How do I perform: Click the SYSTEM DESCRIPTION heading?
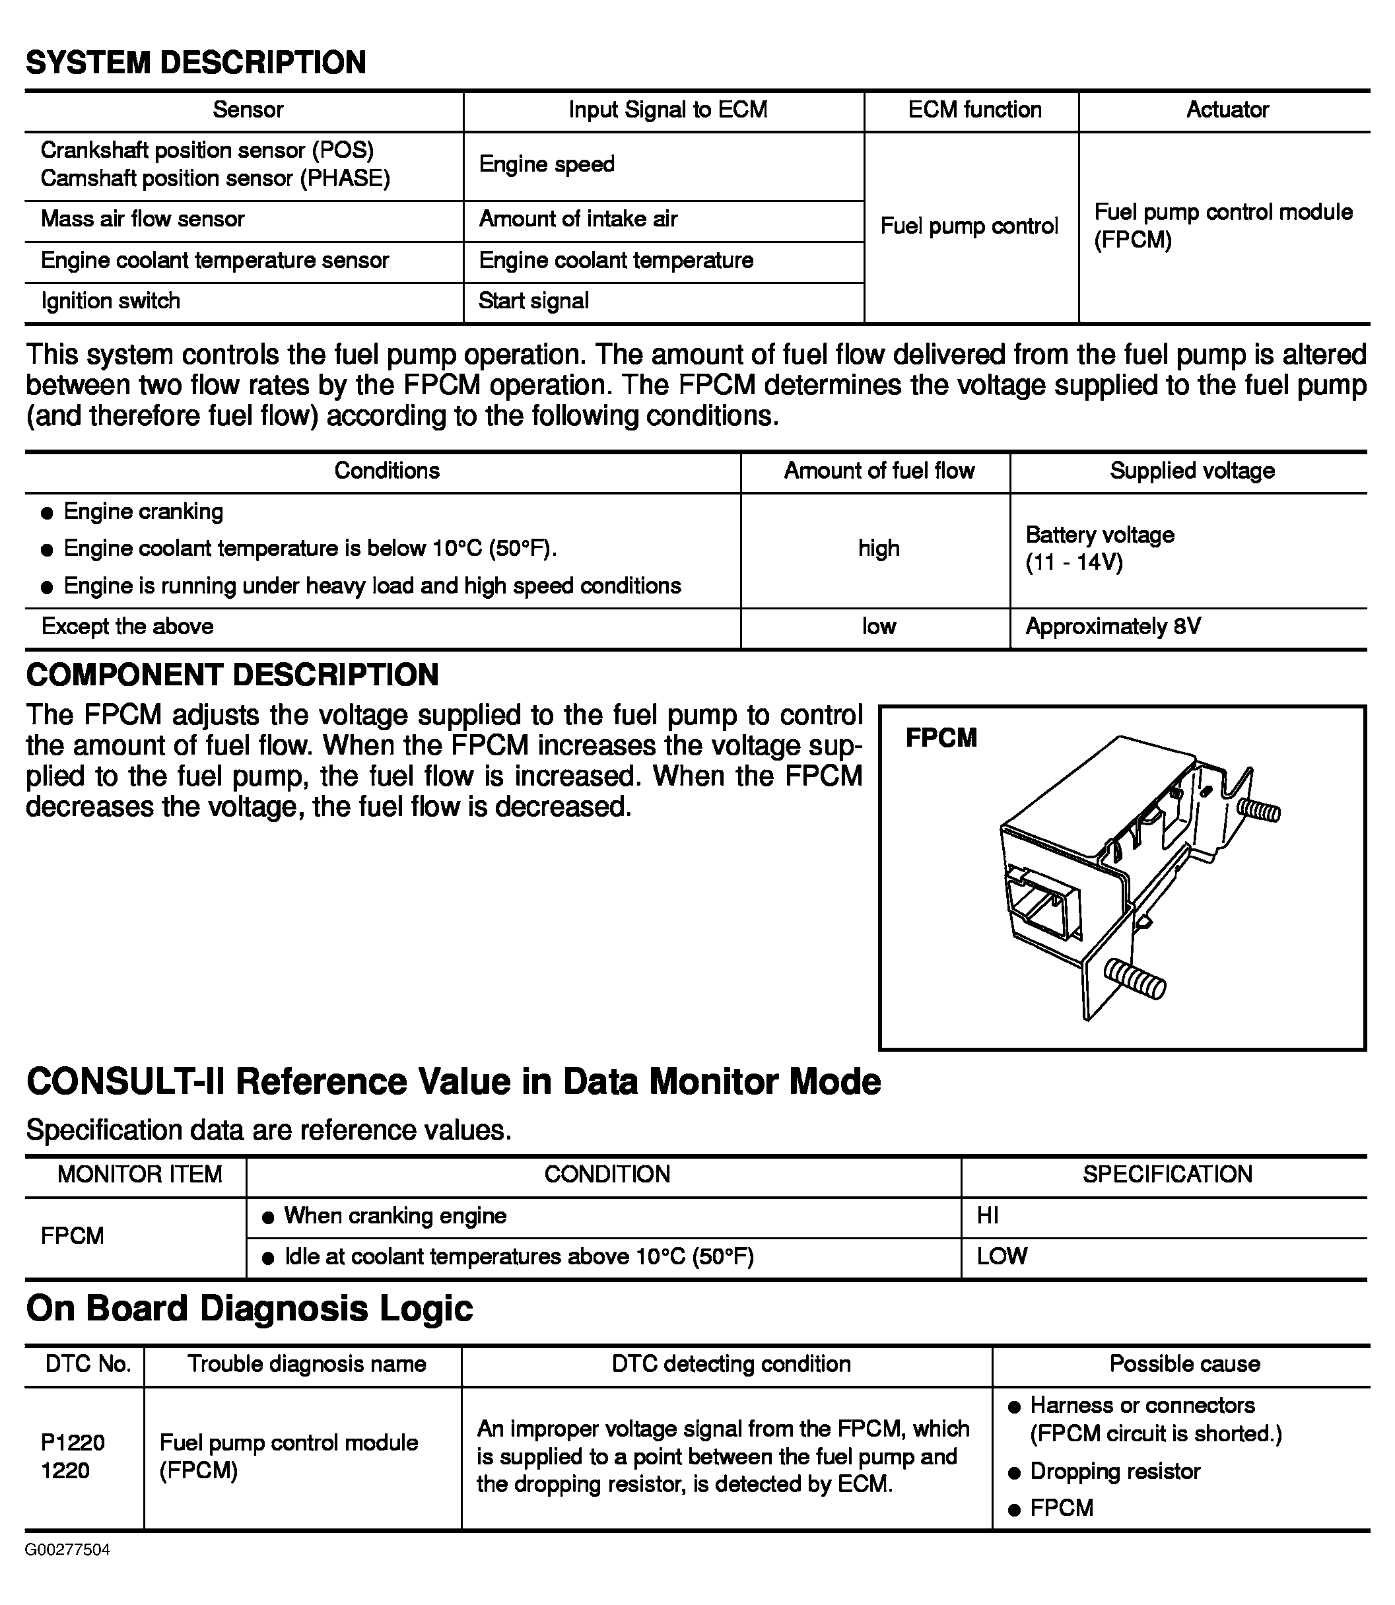[x=195, y=62]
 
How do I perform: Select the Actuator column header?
[x=1227, y=110]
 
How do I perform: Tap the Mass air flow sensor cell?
[x=143, y=219]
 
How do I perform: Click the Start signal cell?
[x=533, y=301]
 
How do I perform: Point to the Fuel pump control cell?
[x=969, y=226]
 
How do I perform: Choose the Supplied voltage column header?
[x=1192, y=471]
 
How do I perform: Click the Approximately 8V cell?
[x=1113, y=627]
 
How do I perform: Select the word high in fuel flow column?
[x=879, y=549]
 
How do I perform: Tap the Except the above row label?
[x=127, y=627]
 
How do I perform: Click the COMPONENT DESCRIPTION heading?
[x=232, y=675]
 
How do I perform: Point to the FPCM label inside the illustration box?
[x=940, y=738]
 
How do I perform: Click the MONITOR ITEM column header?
[x=139, y=1175]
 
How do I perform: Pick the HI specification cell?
[x=988, y=1216]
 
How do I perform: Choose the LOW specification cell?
[x=1002, y=1256]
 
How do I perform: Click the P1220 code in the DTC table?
[x=73, y=1443]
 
